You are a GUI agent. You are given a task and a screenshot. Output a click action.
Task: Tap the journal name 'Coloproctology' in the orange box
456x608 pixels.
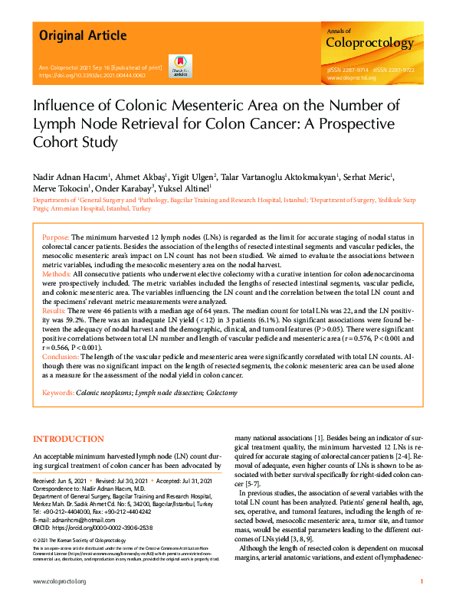click(x=369, y=43)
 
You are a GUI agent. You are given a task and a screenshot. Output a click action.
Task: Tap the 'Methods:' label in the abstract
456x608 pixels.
click(x=57, y=273)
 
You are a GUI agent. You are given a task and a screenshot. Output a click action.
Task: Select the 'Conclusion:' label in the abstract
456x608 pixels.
click(x=61, y=358)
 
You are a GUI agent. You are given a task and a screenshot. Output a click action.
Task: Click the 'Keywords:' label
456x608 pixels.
click(x=57, y=392)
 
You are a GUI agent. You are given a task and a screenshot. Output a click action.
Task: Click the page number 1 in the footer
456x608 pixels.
click(x=422, y=583)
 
